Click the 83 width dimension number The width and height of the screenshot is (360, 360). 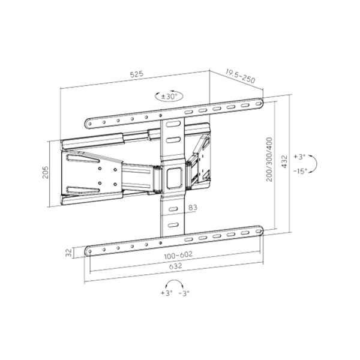(192, 208)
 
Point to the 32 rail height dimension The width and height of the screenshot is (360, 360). (70, 253)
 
